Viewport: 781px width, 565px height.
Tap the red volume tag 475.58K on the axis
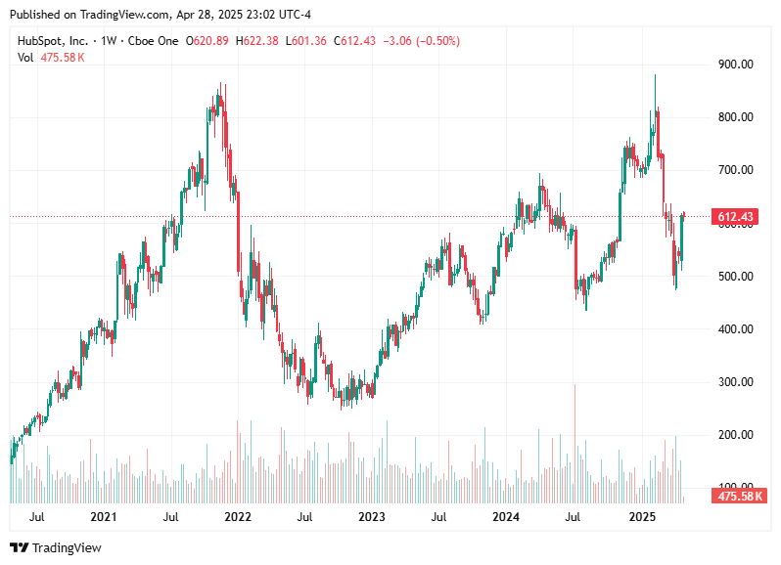click(x=739, y=497)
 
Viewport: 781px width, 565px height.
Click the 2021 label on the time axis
click(x=103, y=516)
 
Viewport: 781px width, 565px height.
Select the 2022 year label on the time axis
click(x=237, y=516)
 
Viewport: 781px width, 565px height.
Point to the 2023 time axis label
click(x=371, y=516)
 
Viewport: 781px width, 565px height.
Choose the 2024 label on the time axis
click(x=505, y=516)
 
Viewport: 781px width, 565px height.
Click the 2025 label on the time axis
click(x=641, y=516)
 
